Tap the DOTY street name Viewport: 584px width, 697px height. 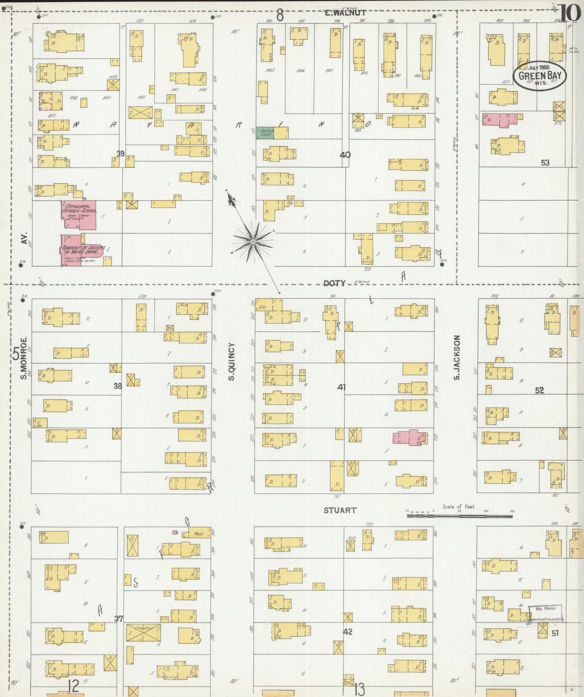pos(335,283)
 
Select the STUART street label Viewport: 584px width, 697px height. pos(340,511)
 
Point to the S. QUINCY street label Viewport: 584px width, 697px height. pos(231,361)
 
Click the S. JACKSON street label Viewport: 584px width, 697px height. pos(457,357)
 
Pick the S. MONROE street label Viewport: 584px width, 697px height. pos(23,358)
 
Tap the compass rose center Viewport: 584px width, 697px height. pos(253,242)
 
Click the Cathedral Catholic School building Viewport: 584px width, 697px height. pos(79,214)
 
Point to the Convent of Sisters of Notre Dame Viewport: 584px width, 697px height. pos(81,250)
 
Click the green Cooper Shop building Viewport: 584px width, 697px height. pos(265,133)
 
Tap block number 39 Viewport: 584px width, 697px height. pos(120,154)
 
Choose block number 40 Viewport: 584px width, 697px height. pos(345,155)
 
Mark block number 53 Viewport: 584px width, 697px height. pos(545,163)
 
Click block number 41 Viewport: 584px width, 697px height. pos(342,387)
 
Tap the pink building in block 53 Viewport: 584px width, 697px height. pos(500,120)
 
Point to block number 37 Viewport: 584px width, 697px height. pos(118,619)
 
